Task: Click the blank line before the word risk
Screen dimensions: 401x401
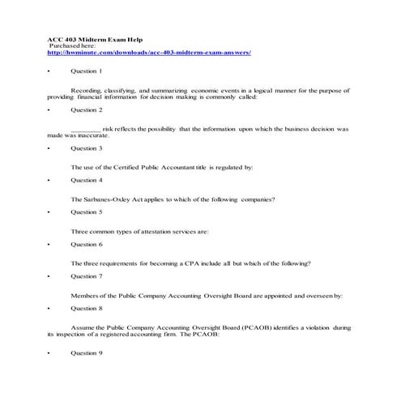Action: click(86, 129)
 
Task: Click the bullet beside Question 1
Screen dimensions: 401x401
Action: click(49, 72)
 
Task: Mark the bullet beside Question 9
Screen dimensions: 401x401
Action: click(49, 353)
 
